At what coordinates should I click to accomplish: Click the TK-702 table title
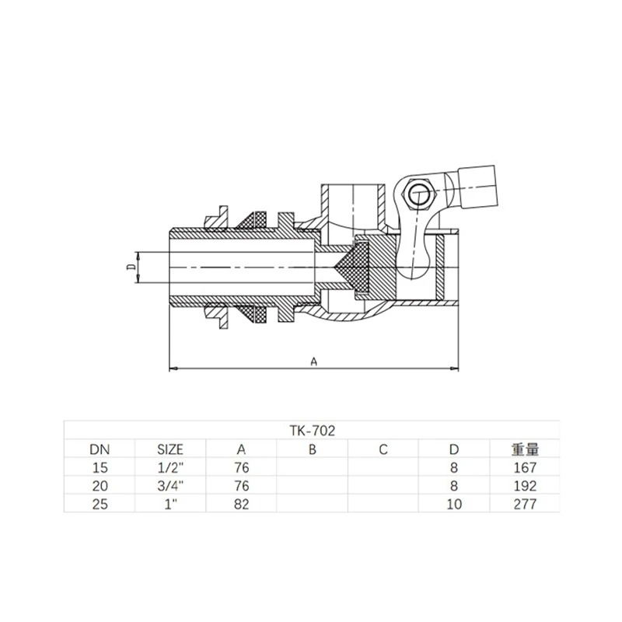pyautogui.click(x=313, y=431)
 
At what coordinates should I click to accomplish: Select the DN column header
pyautogui.click(x=100, y=449)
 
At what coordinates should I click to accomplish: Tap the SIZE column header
pyautogui.click(x=170, y=449)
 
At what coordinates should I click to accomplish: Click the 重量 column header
pyautogui.click(x=525, y=449)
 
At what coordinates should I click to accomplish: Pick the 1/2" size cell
pyautogui.click(x=170, y=468)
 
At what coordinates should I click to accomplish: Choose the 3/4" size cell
pyautogui.click(x=170, y=486)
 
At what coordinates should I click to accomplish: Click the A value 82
pyautogui.click(x=241, y=504)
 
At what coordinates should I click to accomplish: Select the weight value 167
pyautogui.click(x=525, y=468)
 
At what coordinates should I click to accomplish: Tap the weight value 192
pyautogui.click(x=525, y=486)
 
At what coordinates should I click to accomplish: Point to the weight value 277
pyautogui.click(x=525, y=504)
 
